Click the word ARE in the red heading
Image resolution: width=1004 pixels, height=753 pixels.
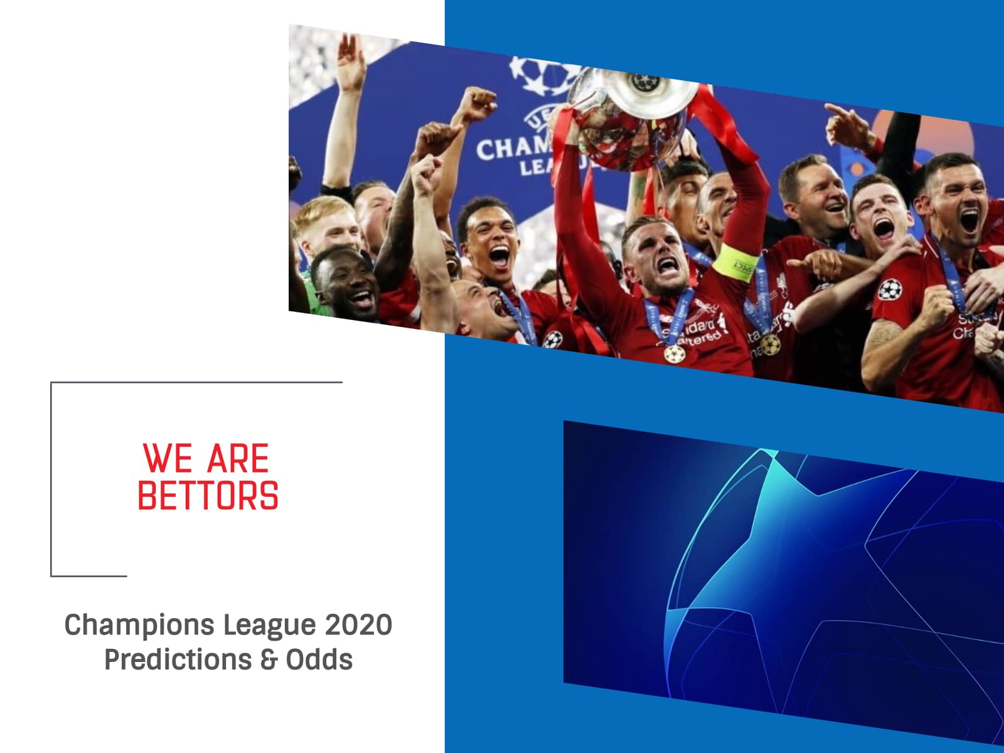pos(238,459)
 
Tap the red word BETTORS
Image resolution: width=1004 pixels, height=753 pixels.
pos(208,496)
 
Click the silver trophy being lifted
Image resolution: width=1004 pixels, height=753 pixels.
pos(634,113)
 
